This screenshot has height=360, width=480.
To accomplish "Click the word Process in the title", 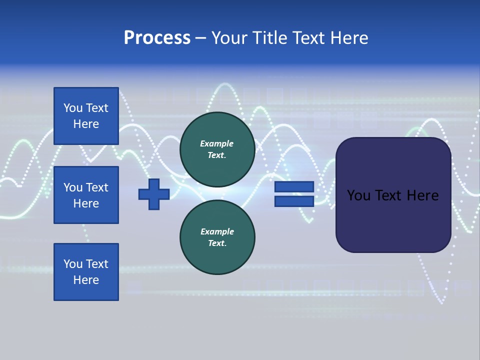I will (157, 38).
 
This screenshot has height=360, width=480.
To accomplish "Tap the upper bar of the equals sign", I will (294, 186).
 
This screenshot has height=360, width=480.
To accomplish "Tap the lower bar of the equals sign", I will (294, 201).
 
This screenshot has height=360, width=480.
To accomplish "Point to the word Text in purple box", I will (388, 195).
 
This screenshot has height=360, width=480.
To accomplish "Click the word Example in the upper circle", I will (216, 143).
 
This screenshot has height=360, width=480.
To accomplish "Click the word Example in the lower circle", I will (216, 231).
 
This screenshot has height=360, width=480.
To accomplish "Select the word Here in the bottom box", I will (86, 280).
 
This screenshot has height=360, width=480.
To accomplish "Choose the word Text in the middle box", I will (97, 187).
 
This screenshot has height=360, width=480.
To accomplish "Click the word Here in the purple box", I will (422, 195).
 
